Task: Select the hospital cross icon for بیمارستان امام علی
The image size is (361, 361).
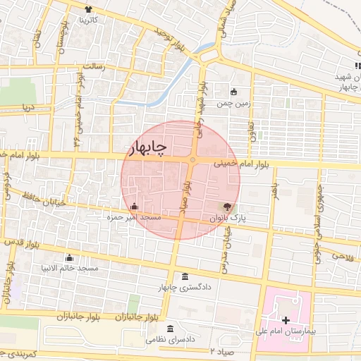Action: click(286, 320)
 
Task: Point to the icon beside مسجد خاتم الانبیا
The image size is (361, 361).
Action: click(68, 257)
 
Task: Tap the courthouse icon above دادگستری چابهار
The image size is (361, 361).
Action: click(185, 276)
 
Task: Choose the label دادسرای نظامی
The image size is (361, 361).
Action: click(169, 340)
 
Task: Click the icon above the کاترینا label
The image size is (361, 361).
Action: click(89, 9)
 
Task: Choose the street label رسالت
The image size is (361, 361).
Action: click(94, 66)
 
